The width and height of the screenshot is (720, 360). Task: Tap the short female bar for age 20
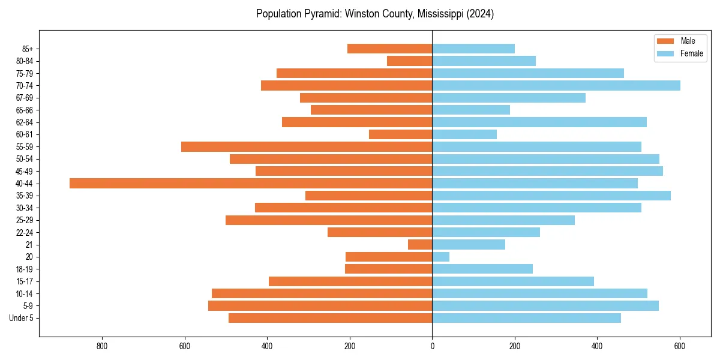pyautogui.click(x=441, y=257)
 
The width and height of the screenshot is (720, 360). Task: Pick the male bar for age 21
pyautogui.click(x=420, y=244)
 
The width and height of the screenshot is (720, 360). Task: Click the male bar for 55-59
pyautogui.click(x=307, y=146)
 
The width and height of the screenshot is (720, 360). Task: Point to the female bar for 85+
pyautogui.click(x=473, y=49)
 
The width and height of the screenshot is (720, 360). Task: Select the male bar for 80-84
pyautogui.click(x=410, y=61)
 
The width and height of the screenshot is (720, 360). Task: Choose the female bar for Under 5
pyautogui.click(x=526, y=318)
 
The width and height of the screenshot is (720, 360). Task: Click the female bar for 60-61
pyautogui.click(x=464, y=134)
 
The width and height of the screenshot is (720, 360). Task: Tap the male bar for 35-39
pyautogui.click(x=369, y=196)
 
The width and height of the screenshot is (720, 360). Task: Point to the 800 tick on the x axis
pyautogui.click(x=102, y=346)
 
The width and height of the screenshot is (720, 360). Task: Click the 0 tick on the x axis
pyautogui.click(x=432, y=346)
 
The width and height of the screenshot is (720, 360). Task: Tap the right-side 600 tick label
pyautogui.click(x=680, y=346)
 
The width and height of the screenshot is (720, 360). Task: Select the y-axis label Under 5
pyautogui.click(x=21, y=318)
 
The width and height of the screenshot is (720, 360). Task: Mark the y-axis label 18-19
pyautogui.click(x=25, y=269)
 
